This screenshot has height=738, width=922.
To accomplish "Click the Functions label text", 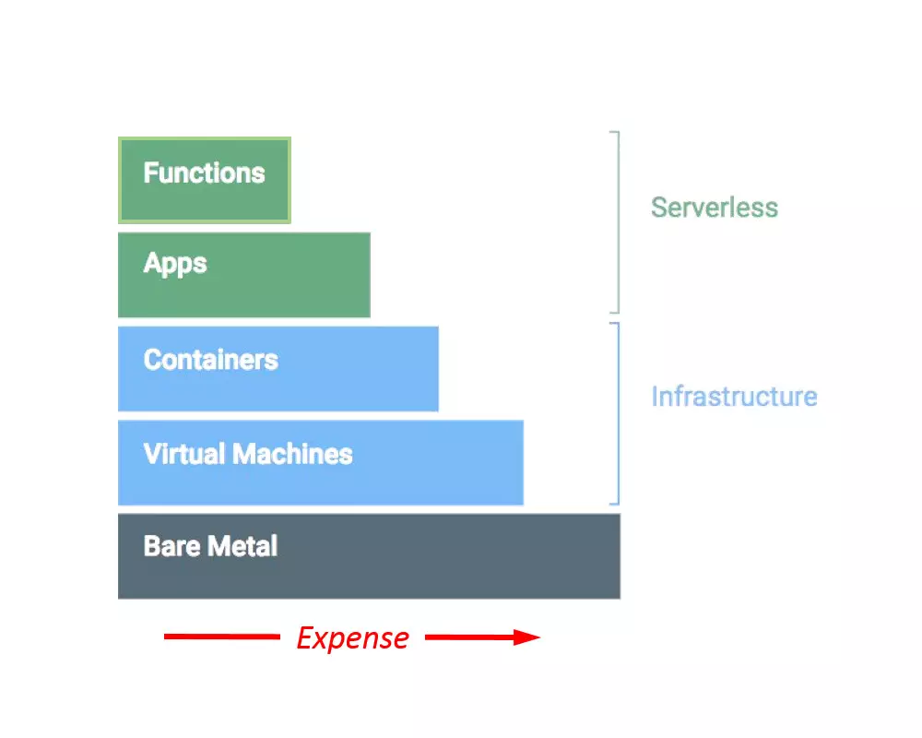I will tap(204, 173).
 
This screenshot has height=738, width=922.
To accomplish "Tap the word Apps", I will tap(175, 264).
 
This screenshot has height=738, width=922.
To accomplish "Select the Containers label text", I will tap(210, 359).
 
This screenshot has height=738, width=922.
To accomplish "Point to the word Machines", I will tap(292, 454).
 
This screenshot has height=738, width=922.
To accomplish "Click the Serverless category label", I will tap(715, 208).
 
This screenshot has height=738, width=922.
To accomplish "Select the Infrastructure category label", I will tap(734, 397).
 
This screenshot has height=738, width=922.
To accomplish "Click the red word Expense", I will tap(352, 638).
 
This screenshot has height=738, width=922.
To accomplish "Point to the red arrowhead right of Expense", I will tap(527, 637).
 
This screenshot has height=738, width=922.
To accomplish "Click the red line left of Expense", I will tap(221, 637).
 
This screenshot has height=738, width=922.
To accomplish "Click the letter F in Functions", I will tap(150, 173).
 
